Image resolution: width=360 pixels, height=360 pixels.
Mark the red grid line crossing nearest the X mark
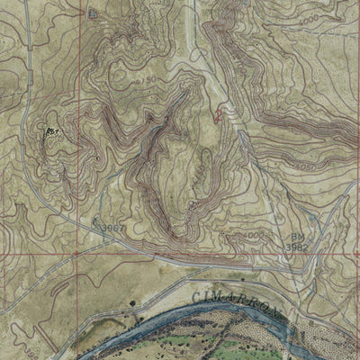pyautogui.click(x=78, y=253)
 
